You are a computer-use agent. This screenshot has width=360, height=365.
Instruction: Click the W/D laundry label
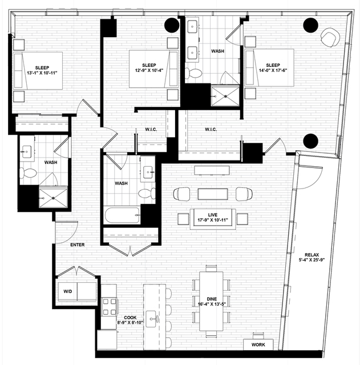coord(68,291)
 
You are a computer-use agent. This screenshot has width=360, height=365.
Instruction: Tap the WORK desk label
coord(258,344)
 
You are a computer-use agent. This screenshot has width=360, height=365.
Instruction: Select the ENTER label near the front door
coord(78,244)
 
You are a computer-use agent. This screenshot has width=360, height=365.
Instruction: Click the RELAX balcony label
coord(312,255)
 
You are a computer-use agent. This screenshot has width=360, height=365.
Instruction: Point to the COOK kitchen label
coord(130,318)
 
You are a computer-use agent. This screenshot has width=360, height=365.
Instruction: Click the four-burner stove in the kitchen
coord(110,307)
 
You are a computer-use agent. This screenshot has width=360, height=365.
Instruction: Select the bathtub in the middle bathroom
coord(122,215)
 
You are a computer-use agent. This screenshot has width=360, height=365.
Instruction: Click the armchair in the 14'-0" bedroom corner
coord(330,37)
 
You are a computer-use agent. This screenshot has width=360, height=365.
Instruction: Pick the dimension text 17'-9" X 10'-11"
coord(213,220)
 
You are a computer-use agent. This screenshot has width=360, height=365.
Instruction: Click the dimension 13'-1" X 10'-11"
coord(42,73)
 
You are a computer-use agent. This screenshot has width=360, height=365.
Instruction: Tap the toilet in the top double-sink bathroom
coord(193,73)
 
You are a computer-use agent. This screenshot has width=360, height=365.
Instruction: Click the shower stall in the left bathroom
coord(53,198)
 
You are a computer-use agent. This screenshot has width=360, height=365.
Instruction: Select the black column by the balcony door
coord(311,141)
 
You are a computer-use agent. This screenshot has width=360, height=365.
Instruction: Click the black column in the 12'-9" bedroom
coord(172,25)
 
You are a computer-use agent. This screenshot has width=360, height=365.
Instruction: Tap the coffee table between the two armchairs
coord(213,194)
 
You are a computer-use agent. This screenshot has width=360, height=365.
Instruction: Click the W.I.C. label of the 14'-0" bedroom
coord(211,129)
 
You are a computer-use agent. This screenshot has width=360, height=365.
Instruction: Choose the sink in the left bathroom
coord(27,152)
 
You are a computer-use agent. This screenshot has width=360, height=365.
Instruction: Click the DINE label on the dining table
coord(212,299)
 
